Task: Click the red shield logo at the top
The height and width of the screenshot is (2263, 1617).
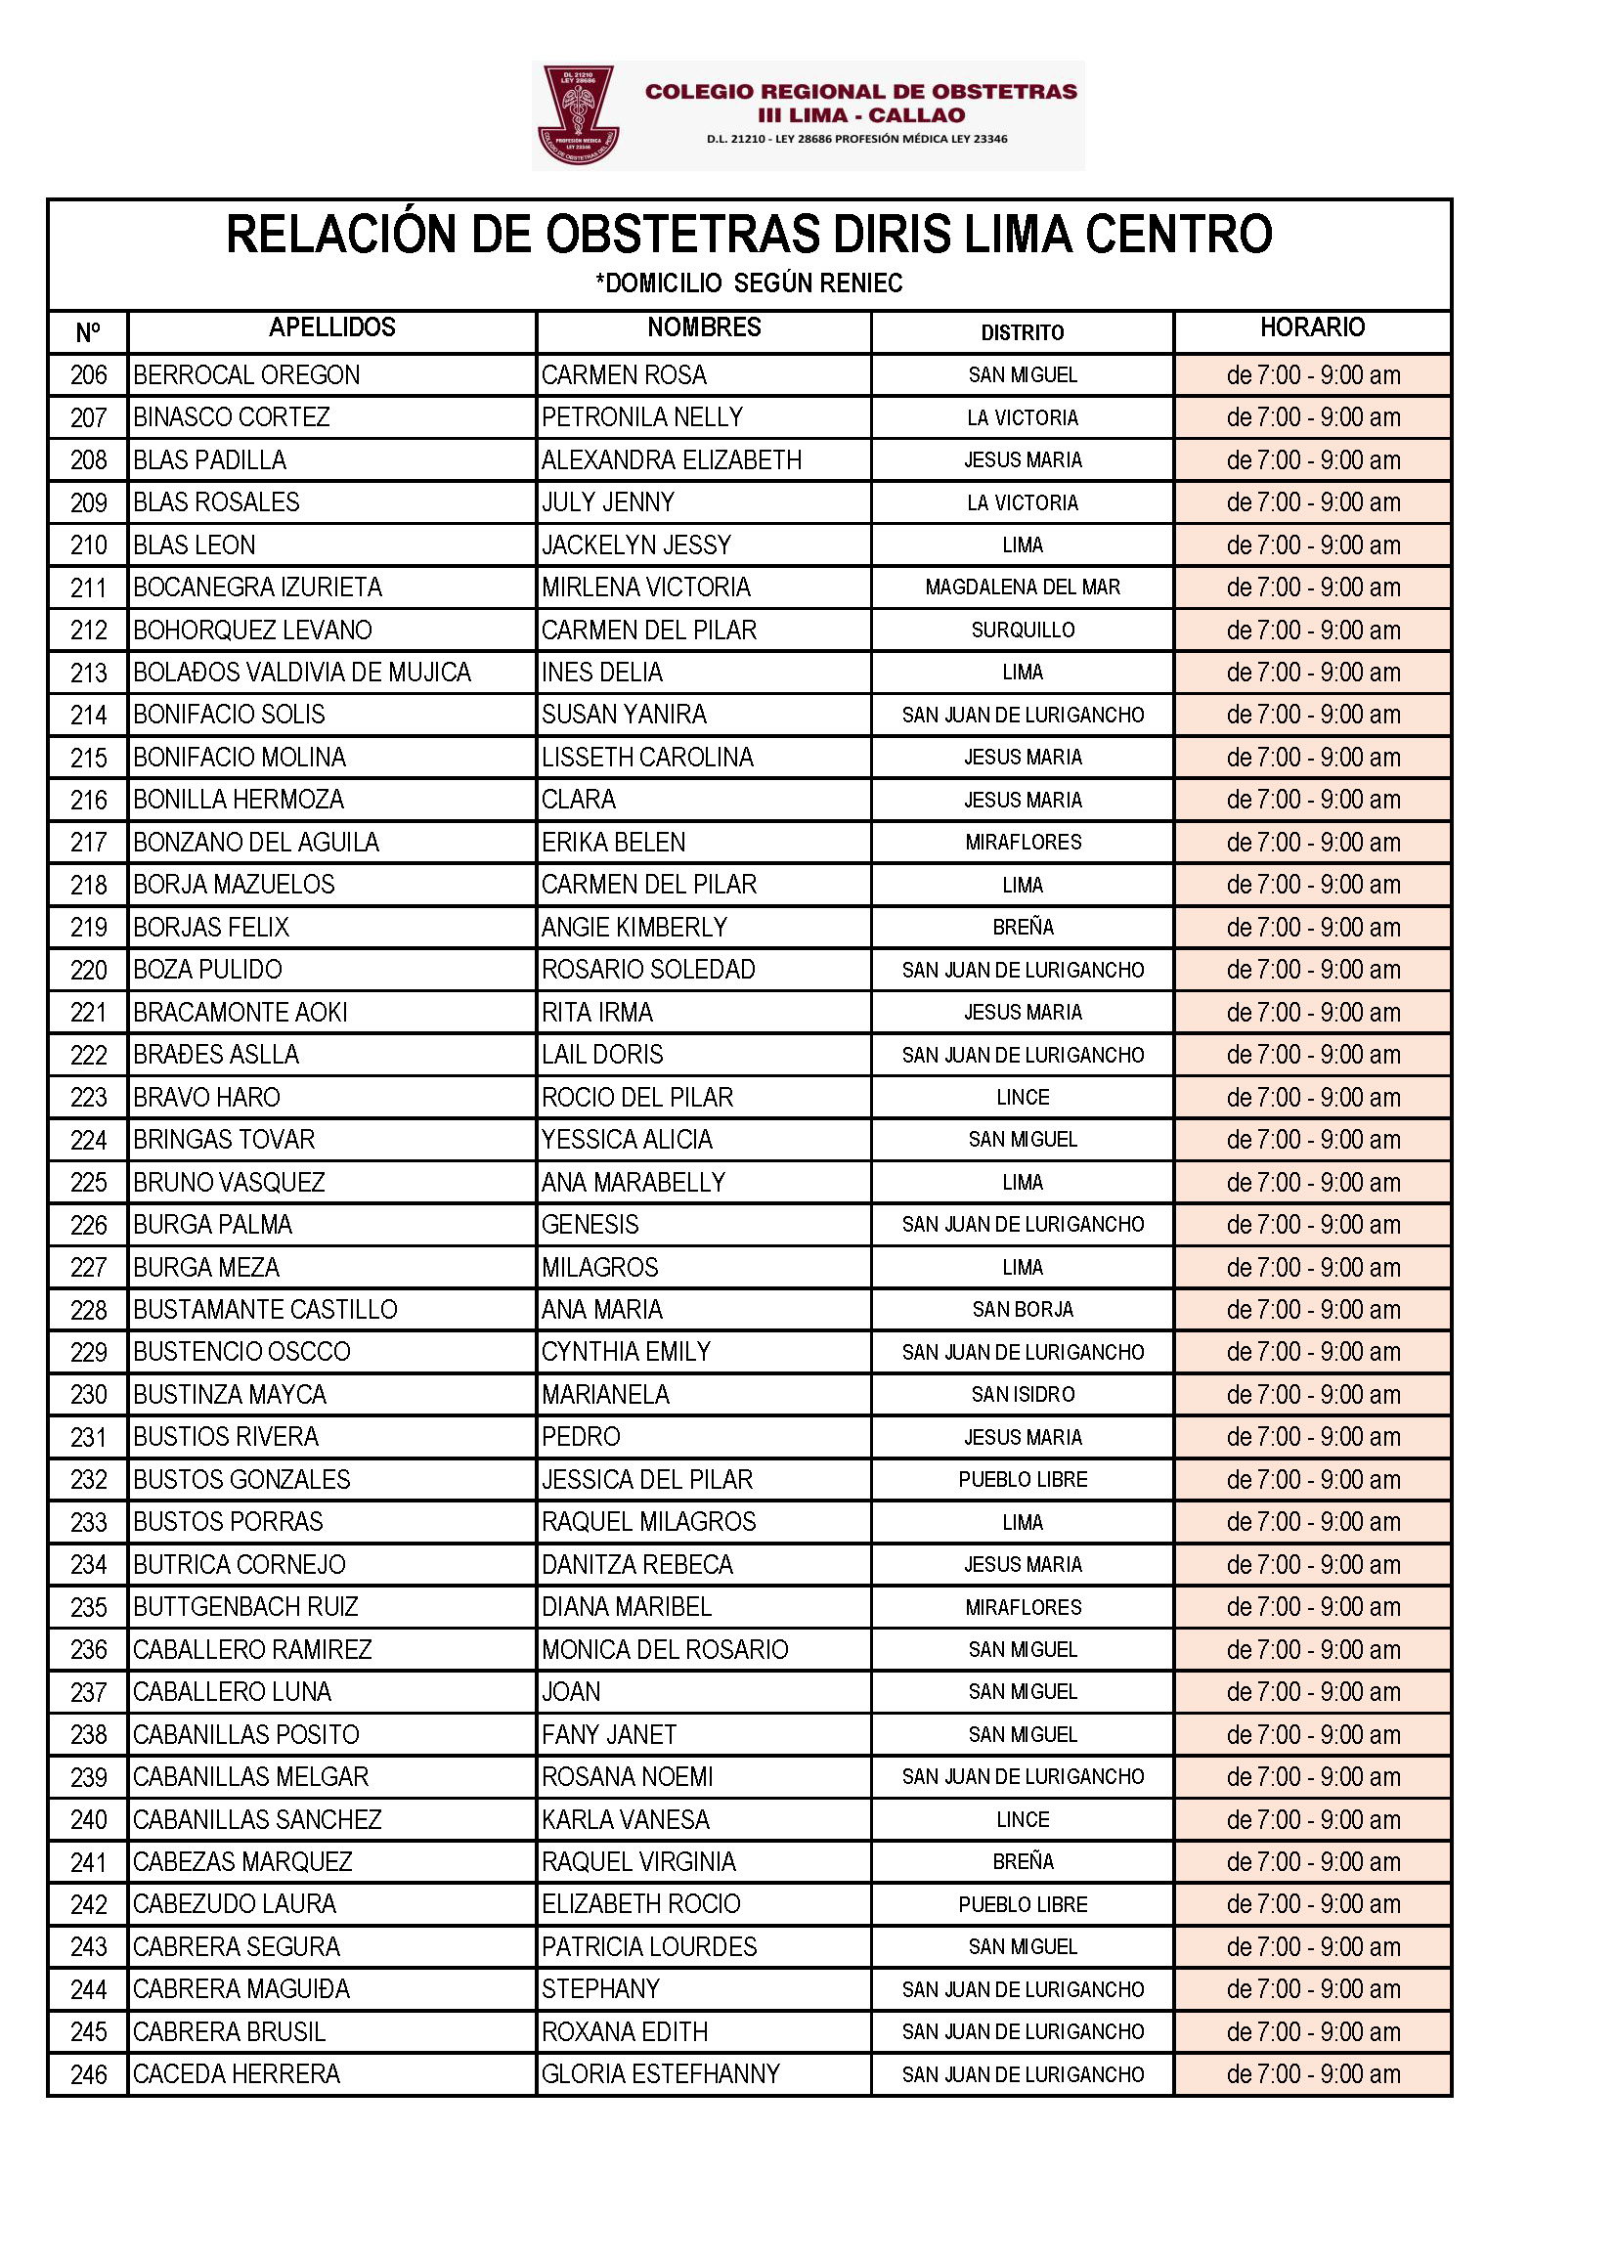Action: [x=579, y=114]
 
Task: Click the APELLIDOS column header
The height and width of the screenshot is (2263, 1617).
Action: [x=331, y=327]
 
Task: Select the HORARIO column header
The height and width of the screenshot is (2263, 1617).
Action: [x=1312, y=327]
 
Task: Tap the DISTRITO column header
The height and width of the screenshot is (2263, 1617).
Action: [x=1023, y=332]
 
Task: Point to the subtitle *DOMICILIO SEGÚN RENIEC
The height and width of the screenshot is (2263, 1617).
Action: [x=749, y=283]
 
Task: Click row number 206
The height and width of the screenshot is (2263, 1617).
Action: [x=89, y=375]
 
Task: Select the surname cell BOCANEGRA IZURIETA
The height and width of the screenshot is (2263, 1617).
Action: [x=258, y=588]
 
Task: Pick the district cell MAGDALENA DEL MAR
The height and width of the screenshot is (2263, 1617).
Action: [x=1023, y=588]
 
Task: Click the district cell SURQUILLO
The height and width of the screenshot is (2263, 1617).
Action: [x=1023, y=631]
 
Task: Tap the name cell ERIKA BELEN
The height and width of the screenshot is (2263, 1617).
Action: [x=613, y=843]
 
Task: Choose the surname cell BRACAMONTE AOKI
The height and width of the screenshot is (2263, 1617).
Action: [x=240, y=1013]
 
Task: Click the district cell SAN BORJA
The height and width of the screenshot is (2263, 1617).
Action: [x=1023, y=1309]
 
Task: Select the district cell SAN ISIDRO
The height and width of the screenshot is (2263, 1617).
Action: [x=1023, y=1394]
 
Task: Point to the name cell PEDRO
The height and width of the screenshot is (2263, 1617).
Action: [x=581, y=1437]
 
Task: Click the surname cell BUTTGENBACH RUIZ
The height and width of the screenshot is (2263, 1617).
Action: [x=246, y=1607]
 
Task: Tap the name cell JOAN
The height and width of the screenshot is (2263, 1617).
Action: [x=572, y=1691]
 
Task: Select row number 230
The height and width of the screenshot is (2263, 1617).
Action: [x=89, y=1395]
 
